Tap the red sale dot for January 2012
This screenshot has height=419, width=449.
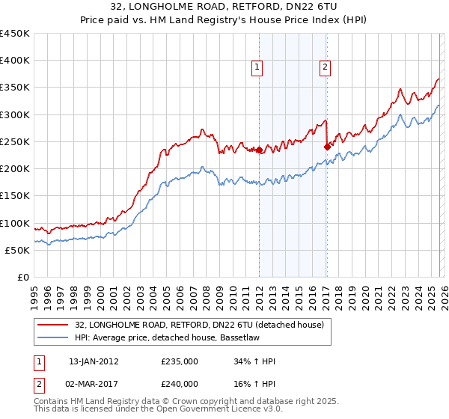coord(259,150)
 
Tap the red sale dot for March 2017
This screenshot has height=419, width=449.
coord(327,147)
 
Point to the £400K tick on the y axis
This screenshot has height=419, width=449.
coord(16,61)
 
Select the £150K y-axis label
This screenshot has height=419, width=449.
coord(16,196)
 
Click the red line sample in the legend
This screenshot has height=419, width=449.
coord(54,325)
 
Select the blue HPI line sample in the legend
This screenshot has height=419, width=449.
coord(54,337)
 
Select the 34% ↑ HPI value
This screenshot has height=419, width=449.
coord(254,361)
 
